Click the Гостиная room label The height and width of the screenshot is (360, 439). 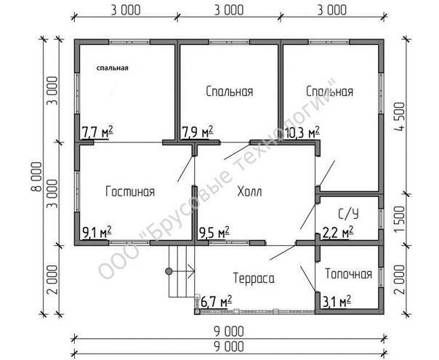point(130,192)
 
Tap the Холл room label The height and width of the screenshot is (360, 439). point(249,192)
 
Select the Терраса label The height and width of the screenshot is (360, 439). point(254,279)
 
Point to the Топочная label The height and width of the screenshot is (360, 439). point(349,274)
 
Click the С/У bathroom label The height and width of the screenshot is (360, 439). point(348,215)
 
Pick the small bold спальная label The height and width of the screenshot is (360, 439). point(112,68)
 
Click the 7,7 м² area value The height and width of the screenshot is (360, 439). point(97,132)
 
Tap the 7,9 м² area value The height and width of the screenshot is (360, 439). point(198,132)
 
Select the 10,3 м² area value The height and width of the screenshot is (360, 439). point(302,132)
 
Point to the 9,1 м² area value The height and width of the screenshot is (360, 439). point(97,232)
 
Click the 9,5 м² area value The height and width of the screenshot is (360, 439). point(214,232)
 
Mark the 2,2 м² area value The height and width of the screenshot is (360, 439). point(338,232)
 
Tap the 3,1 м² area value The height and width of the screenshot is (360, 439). point(337,303)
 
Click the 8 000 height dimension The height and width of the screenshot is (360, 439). point(36,177)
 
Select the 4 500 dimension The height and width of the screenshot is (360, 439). point(399,116)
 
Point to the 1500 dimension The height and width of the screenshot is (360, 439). point(400,219)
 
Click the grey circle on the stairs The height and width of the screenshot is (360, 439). point(169,271)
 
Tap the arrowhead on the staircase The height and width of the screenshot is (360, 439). point(191,271)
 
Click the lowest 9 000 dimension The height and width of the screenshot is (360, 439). point(230,347)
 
